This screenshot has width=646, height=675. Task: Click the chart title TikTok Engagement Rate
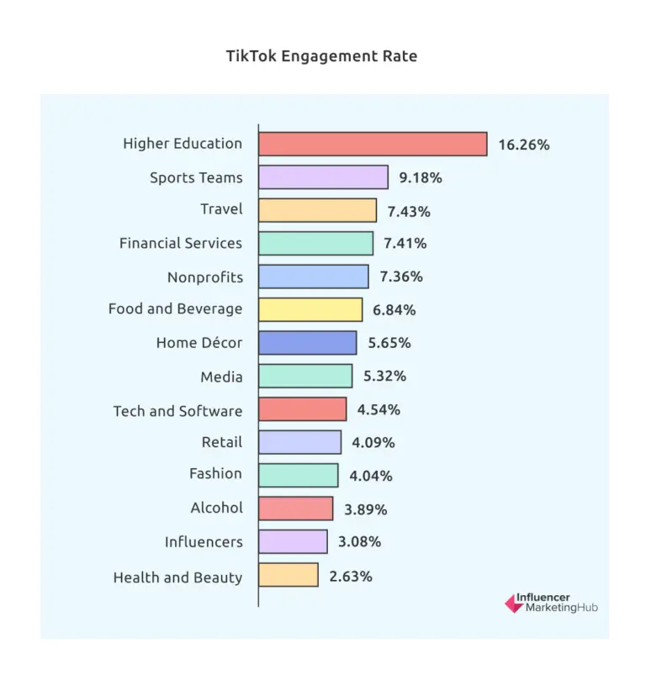pos(322,57)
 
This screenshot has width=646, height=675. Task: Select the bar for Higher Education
pos(373,144)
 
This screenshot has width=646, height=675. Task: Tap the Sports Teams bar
pos(323,177)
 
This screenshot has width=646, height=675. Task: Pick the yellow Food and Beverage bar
pos(310,309)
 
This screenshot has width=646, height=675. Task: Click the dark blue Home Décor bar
pos(307,343)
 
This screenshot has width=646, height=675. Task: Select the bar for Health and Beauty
pos(289,575)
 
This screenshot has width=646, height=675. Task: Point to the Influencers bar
pos(293,541)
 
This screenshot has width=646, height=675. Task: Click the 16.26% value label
pos(523,145)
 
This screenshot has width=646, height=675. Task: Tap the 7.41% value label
pos(405,244)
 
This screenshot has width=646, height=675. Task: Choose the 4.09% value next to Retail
pos(373,442)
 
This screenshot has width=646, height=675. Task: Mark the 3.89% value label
pos(365,509)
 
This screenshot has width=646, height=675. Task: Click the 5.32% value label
pos(384,376)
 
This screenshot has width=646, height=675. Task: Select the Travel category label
pos(221,209)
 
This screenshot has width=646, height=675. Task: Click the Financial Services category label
pos(181,243)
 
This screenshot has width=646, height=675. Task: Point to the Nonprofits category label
pos(205,277)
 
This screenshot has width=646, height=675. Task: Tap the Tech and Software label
pos(177,411)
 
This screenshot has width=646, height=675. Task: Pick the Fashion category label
pos(215,473)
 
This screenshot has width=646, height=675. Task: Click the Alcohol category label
pos(216,507)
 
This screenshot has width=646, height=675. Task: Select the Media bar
pos(305,376)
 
